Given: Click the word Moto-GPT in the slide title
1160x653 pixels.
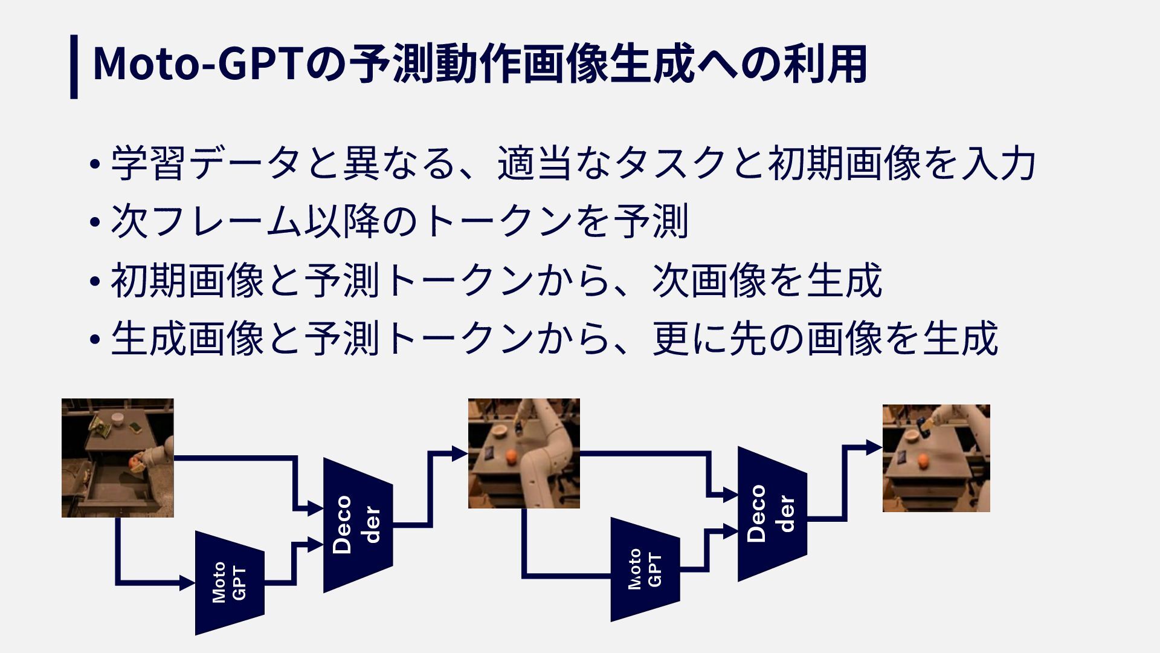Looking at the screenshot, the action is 197,64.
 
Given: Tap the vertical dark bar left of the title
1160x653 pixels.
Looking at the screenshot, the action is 74,67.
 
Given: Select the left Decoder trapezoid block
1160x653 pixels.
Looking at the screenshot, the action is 358,525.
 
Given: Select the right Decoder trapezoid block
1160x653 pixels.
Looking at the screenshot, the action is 772,514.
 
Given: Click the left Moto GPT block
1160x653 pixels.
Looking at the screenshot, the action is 230,583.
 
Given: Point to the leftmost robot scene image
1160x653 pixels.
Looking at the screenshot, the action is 117,458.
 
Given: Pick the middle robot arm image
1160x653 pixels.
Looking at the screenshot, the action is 524,453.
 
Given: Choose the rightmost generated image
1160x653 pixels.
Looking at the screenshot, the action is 936,458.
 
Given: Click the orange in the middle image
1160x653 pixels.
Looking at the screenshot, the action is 511,455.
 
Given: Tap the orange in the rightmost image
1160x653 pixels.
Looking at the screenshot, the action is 923,461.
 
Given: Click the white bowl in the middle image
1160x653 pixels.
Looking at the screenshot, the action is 500,431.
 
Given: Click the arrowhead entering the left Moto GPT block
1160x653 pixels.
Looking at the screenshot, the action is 187,583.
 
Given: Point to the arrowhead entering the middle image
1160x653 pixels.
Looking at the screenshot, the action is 460,452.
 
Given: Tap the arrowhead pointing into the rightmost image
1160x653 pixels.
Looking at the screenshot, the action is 874,447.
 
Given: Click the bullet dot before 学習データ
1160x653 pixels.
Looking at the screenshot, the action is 94,164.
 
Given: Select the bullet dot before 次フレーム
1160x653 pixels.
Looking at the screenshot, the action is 94,223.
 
